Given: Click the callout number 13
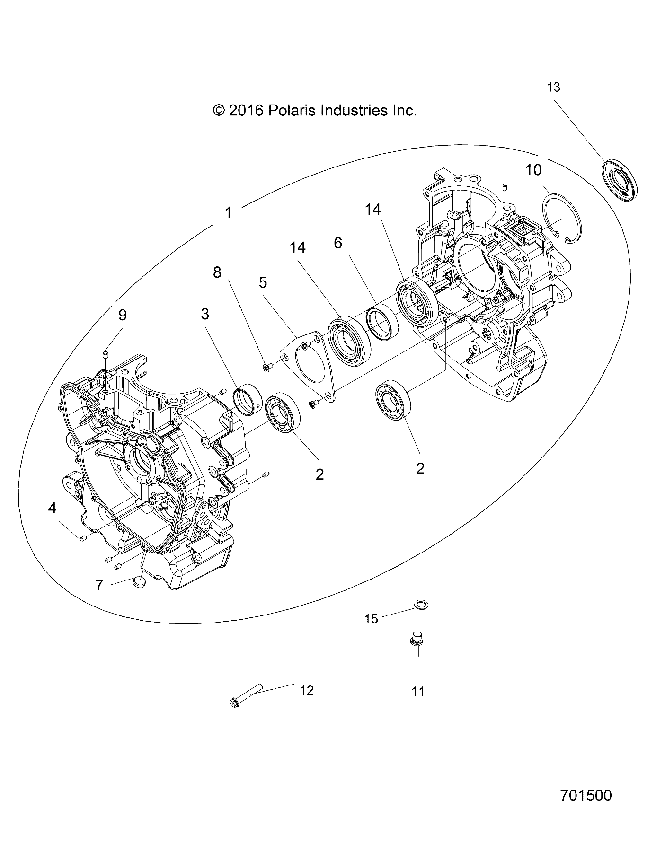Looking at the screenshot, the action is point(553,88).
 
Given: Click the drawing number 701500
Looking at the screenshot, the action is point(585,795).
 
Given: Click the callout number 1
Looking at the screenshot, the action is point(229,213).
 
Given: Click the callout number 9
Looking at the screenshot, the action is point(123,315).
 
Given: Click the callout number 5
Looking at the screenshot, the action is point(263,282).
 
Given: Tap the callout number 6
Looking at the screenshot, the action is point(337,243).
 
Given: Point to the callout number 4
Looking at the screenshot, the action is point(52,508).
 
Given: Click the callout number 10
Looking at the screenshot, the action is point(533,170).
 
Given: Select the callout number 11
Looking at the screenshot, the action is point(418,691).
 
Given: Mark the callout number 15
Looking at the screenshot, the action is point(372,619).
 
